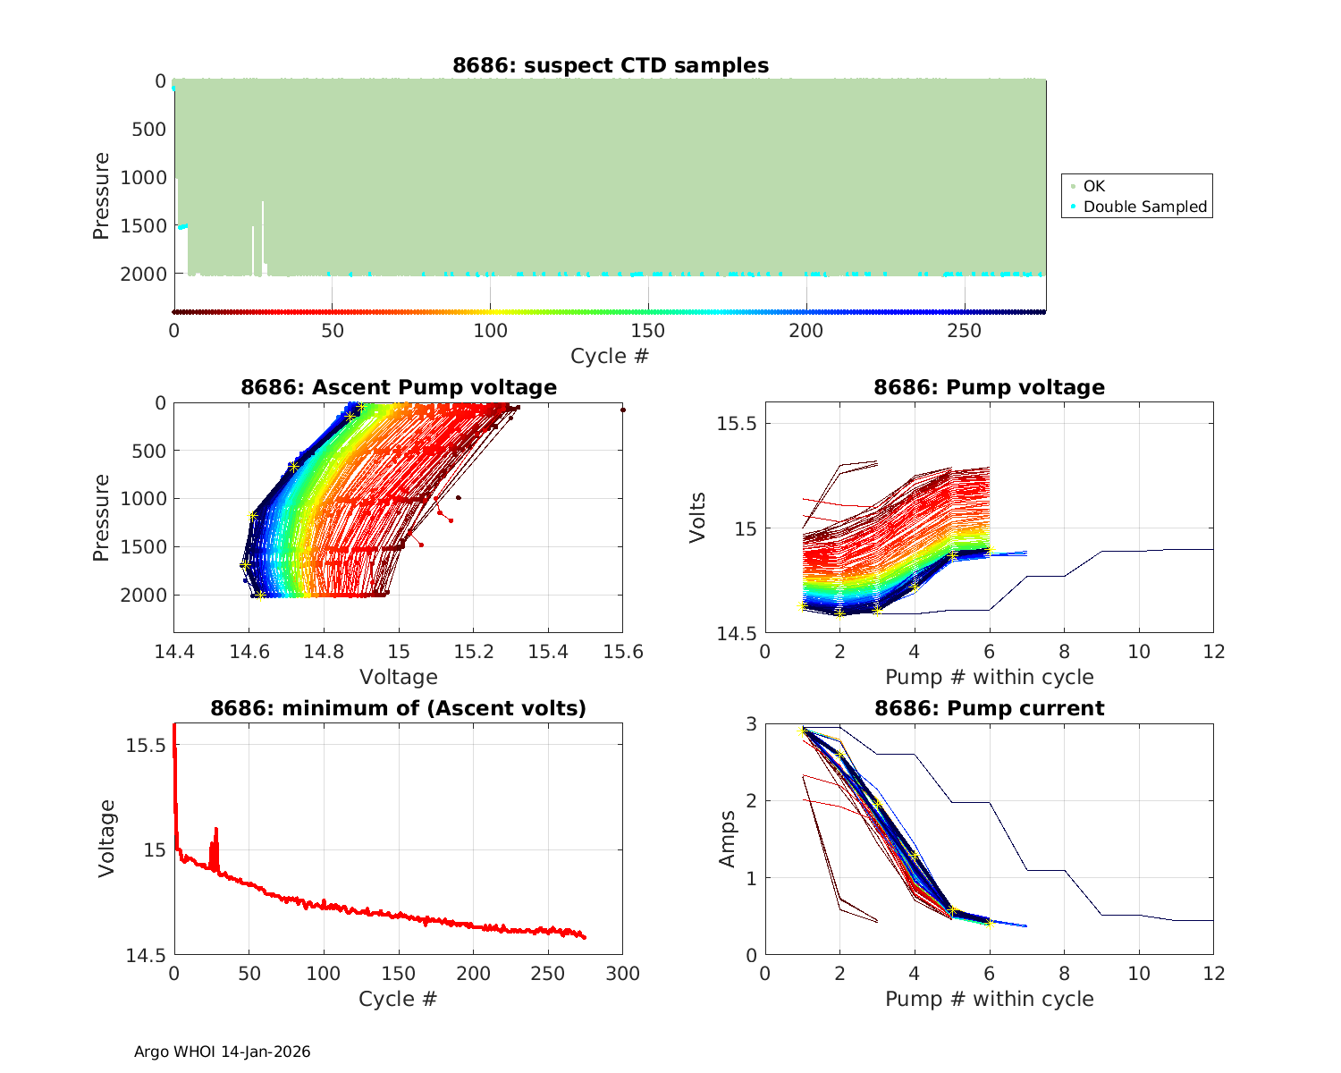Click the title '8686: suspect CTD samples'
(x=610, y=65)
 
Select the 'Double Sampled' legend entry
(x=1144, y=207)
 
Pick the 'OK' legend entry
(x=1093, y=186)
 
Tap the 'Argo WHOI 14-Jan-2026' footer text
(x=222, y=1052)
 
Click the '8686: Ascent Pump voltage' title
(x=398, y=387)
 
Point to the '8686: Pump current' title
(x=989, y=708)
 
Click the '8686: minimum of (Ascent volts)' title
(x=398, y=708)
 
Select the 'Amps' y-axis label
(x=728, y=838)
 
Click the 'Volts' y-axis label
(x=698, y=517)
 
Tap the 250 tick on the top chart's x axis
(x=964, y=331)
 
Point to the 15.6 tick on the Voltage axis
(x=623, y=652)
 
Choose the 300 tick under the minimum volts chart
(x=623, y=973)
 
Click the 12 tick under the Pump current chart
(x=1213, y=973)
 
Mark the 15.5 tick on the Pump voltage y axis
(x=738, y=423)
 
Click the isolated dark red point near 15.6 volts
(x=623, y=410)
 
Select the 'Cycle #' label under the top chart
(x=610, y=356)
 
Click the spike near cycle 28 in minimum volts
(x=216, y=831)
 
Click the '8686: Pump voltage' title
(x=989, y=387)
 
